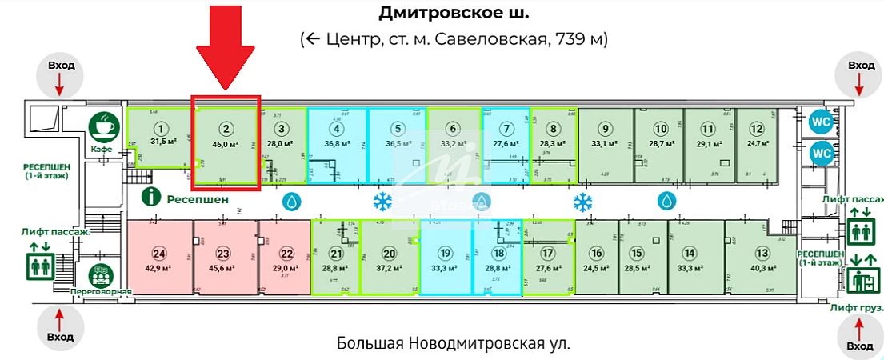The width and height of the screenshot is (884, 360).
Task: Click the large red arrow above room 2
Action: point(226,46)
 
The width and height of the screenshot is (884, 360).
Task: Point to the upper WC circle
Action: point(821,122)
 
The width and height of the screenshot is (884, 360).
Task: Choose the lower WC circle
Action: point(821,153)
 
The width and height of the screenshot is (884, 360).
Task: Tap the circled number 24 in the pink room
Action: point(159,254)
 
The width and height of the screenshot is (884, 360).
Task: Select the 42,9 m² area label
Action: point(159,269)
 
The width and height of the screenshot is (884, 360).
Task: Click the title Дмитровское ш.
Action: point(453,14)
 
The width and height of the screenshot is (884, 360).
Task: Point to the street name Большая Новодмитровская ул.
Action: point(454,344)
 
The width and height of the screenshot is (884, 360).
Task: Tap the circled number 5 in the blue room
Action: point(396,128)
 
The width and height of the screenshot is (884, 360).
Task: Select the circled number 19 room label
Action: point(446,254)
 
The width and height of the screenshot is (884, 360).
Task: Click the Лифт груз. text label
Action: point(856,307)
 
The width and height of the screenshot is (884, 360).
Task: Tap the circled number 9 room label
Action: point(606,129)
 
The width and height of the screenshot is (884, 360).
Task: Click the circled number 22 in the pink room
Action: point(283,254)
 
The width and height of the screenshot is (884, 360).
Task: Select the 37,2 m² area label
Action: point(389,269)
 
